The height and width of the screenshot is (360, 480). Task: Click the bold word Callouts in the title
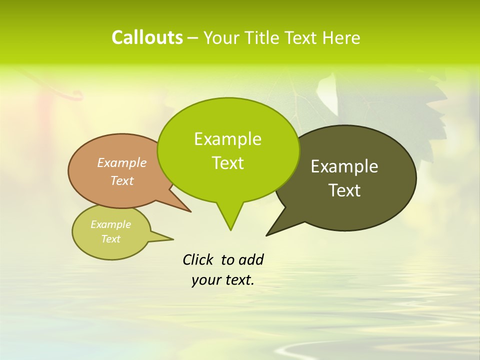147,37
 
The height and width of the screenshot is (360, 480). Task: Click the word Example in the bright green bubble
227,139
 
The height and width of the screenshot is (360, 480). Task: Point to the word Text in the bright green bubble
227,163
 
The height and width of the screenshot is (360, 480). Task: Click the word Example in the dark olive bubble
344,166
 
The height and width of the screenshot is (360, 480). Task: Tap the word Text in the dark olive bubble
344,190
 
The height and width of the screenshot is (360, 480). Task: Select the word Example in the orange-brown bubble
122,162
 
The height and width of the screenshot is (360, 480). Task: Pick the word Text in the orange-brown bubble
122,180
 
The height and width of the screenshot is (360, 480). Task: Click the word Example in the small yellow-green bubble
111,224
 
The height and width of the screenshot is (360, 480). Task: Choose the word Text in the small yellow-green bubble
111,239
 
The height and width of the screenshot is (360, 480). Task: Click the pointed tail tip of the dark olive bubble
267,235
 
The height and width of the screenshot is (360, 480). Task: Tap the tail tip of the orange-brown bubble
190,212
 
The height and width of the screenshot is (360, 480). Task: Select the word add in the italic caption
251,259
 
